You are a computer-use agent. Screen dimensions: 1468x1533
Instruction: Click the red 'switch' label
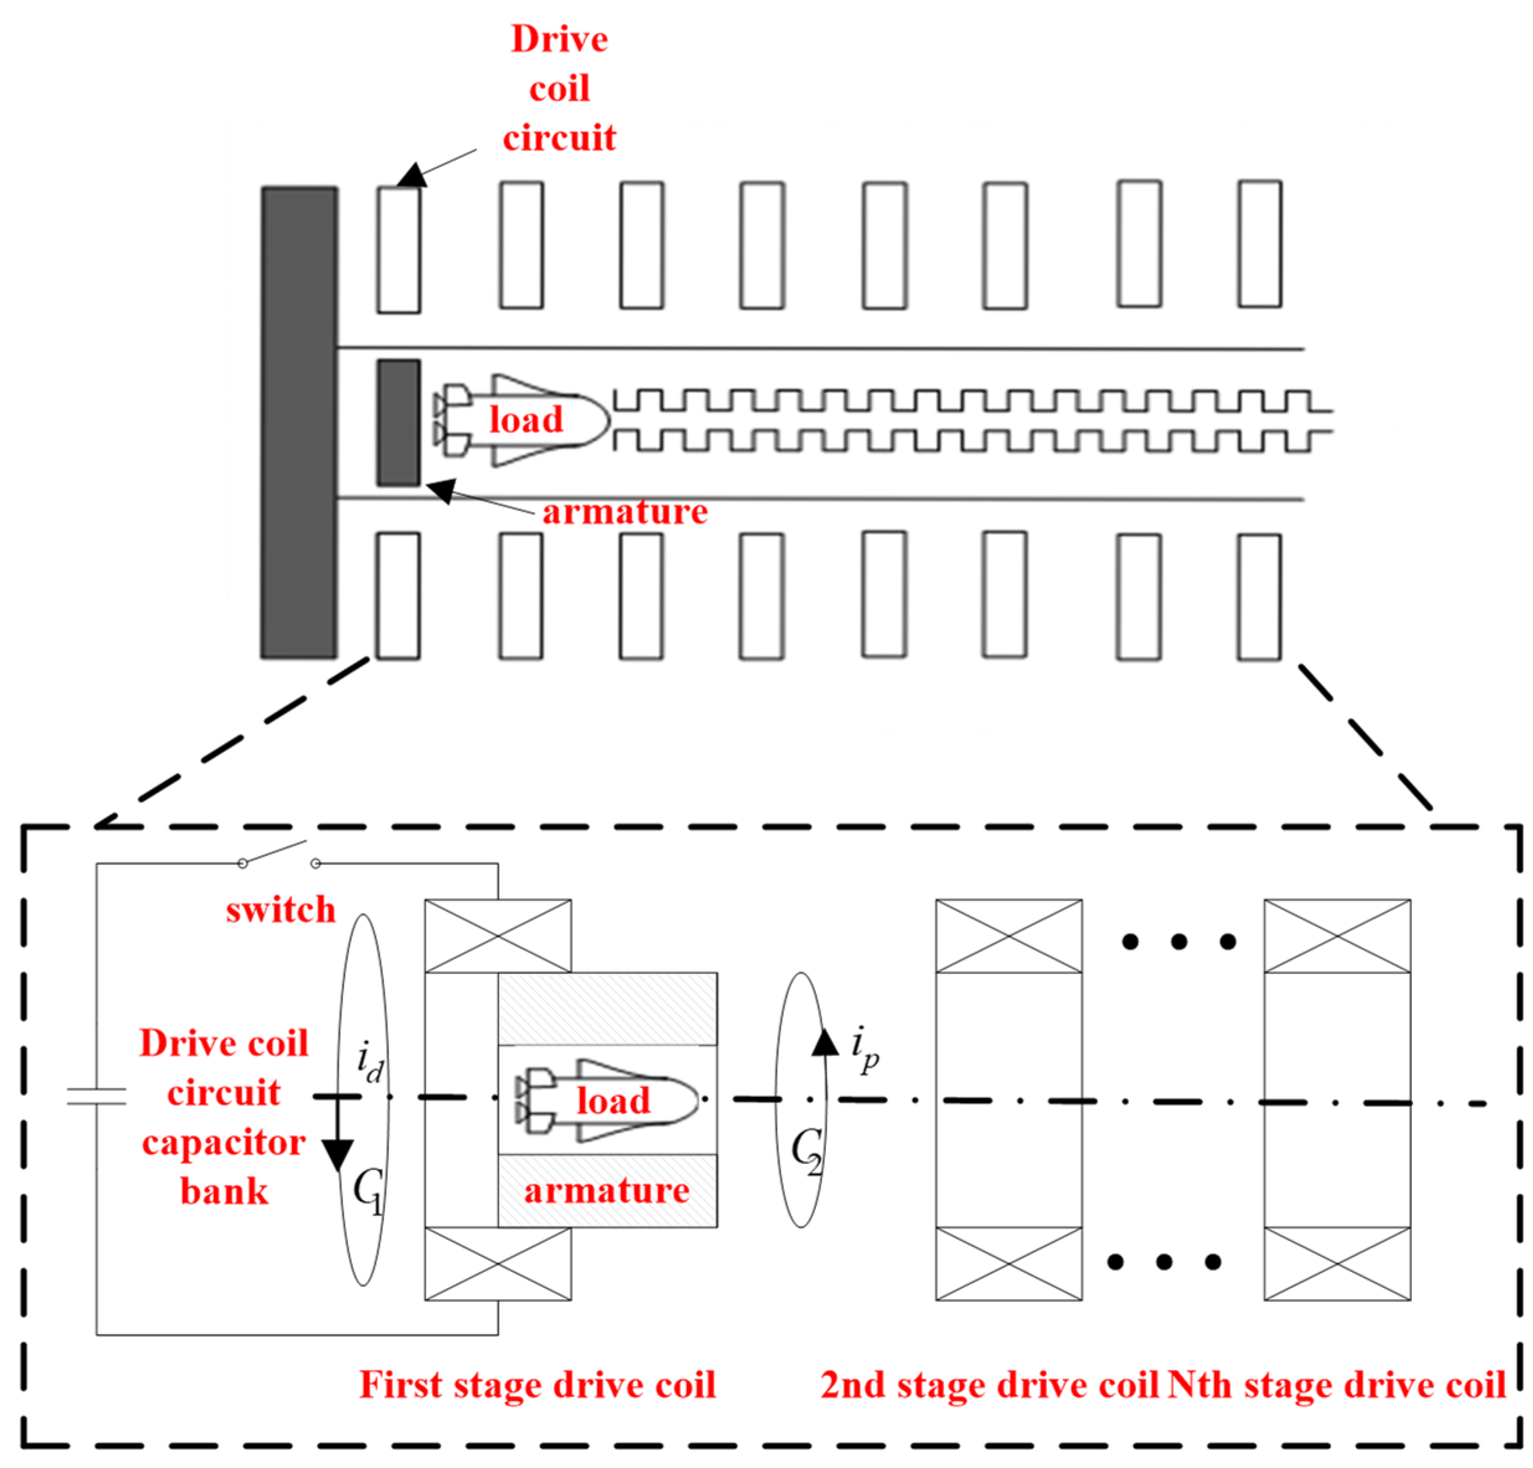[x=280, y=910]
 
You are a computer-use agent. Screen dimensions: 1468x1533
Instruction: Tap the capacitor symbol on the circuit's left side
[x=96, y=1096]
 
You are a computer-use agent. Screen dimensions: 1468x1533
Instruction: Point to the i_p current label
[x=865, y=1050]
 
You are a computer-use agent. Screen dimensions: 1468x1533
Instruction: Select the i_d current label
[x=369, y=1063]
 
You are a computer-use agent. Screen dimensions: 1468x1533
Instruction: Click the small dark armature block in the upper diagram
[x=398, y=423]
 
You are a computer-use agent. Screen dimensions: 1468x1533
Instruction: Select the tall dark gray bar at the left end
[x=299, y=423]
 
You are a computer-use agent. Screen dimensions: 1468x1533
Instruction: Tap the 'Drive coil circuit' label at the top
[x=559, y=88]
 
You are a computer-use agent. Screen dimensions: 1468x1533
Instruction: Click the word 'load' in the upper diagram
[x=526, y=420]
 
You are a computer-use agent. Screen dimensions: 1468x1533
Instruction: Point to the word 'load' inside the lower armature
[x=613, y=1101]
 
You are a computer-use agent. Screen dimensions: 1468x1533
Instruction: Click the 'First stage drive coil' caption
[x=537, y=1384]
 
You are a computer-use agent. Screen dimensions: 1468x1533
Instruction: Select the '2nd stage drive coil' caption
[x=989, y=1384]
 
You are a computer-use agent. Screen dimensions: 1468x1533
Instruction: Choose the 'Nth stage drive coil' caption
[x=1336, y=1384]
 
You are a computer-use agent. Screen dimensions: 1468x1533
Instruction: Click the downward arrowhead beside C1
[x=338, y=1155]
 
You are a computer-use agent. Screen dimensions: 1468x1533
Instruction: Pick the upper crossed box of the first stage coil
[x=497, y=936]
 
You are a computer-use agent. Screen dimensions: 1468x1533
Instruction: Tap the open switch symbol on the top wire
[x=279, y=855]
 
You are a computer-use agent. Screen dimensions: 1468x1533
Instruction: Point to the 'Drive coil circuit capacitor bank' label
[x=223, y=1117]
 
